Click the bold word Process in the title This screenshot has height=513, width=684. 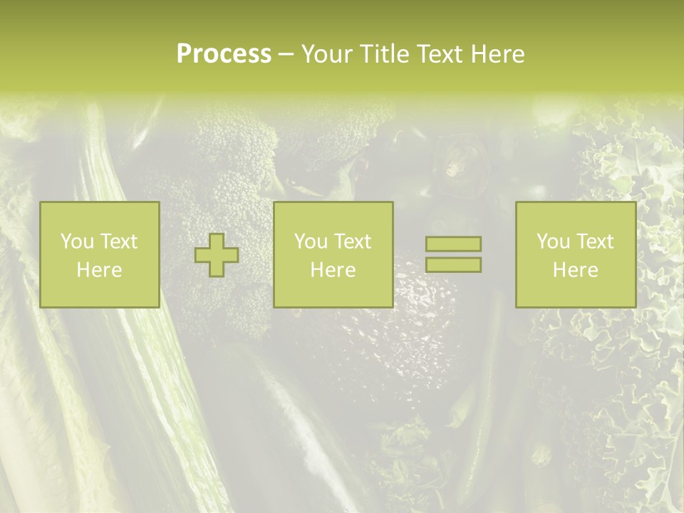pos(224,54)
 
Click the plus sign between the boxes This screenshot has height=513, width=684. pos(217,254)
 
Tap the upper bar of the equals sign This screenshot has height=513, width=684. pos(453,244)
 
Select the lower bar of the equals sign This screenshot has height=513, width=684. pos(453,265)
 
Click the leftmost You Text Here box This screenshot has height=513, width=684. pos(99,254)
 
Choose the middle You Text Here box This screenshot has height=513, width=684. pos(333,254)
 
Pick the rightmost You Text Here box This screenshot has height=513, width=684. pos(575,254)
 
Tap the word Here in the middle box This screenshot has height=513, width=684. pos(333,270)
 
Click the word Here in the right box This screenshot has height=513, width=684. pos(575,270)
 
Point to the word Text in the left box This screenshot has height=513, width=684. pos(118,242)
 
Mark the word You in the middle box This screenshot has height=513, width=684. pos(311,242)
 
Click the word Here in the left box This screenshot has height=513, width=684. pos(99,270)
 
